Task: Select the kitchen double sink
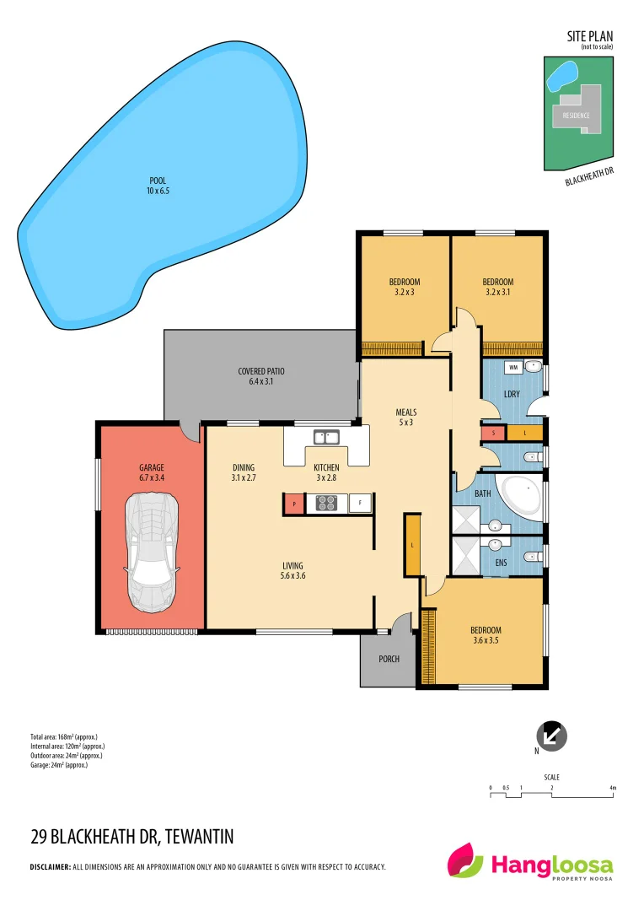(x=325, y=437)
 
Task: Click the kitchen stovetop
(x=326, y=504)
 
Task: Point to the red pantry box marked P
(x=293, y=504)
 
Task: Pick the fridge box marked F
(x=360, y=504)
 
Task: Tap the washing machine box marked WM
(x=512, y=368)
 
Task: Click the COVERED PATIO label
(x=261, y=376)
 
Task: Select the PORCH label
(x=389, y=659)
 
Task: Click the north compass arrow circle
(x=553, y=734)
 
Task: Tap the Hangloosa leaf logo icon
(x=466, y=862)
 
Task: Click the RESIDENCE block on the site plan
(x=577, y=116)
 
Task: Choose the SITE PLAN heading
(x=590, y=36)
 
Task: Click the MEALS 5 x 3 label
(x=406, y=418)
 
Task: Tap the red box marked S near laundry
(x=492, y=433)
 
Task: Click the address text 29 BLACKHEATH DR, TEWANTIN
(x=131, y=837)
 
